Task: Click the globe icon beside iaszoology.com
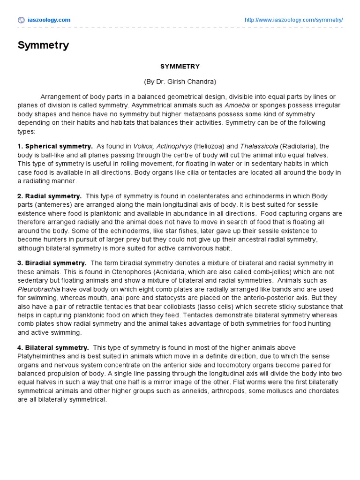[x=21, y=20]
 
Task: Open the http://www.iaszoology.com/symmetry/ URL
[x=293, y=20]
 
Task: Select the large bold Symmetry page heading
[x=43, y=45]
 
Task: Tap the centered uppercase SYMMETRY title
[x=180, y=67]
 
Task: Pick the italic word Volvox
[x=143, y=146]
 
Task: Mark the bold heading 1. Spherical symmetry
[x=55, y=146]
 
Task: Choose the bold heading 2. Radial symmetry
[x=50, y=196]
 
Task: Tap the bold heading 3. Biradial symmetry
[x=52, y=262]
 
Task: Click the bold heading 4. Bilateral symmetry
[x=53, y=347]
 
